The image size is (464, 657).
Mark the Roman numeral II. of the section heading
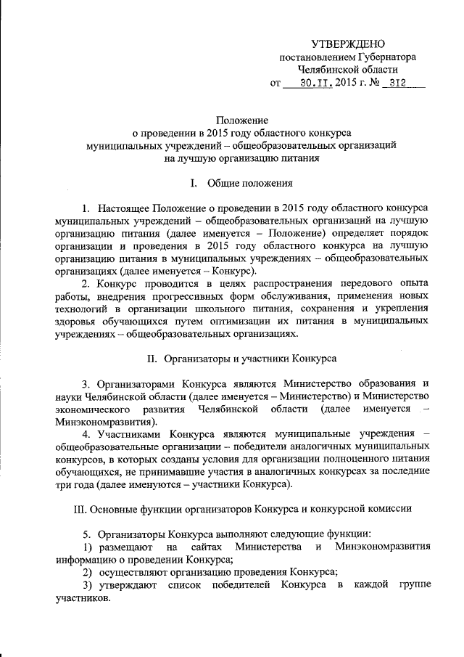tap(152, 358)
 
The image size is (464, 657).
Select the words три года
tap(74, 484)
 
